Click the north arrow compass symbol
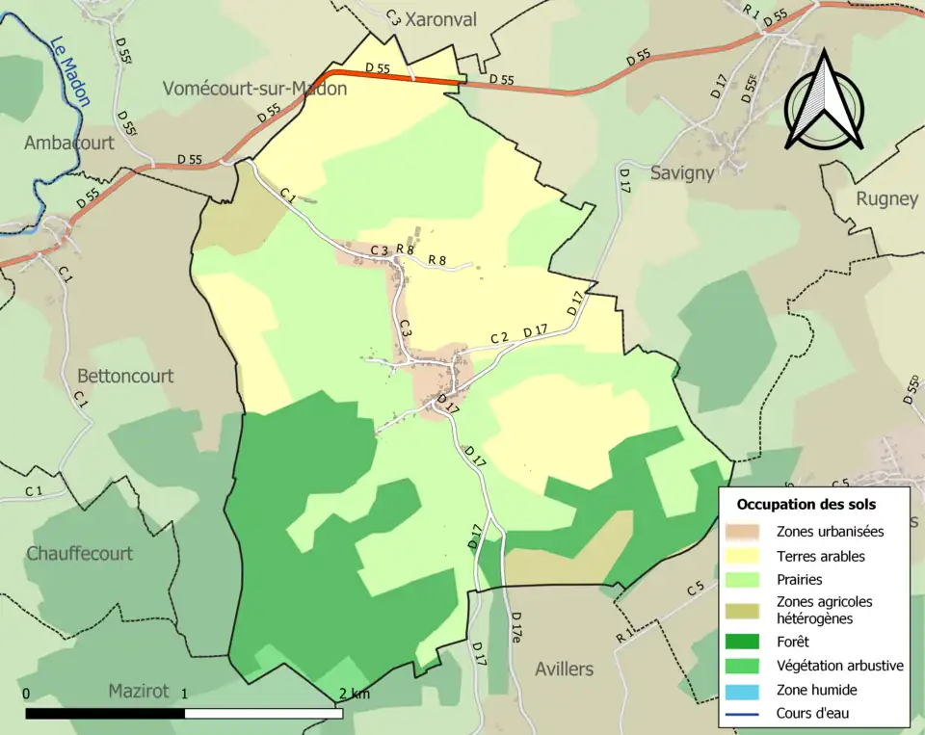[823, 102]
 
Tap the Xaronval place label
[440, 19]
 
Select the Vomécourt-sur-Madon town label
[254, 88]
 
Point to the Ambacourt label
[69, 143]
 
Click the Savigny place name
[682, 173]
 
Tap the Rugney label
[886, 198]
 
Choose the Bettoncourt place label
[125, 376]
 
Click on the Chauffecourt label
[80, 554]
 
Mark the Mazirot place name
[139, 691]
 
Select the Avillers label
[565, 669]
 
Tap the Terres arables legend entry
[821, 556]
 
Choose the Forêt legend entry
[793, 642]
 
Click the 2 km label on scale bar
[354, 694]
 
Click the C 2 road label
[499, 337]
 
